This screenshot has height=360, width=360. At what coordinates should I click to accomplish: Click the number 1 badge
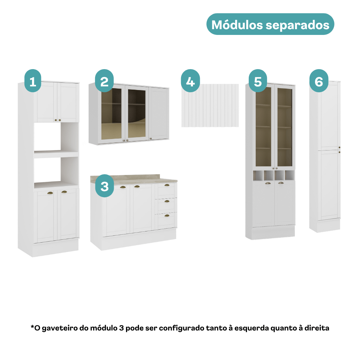pyautogui.click(x=33, y=81)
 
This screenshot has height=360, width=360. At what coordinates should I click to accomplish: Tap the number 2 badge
pyautogui.click(x=104, y=81)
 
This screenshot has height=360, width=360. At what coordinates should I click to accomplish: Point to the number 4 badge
pyautogui.click(x=190, y=81)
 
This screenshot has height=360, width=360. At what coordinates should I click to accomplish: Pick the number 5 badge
pyautogui.click(x=258, y=81)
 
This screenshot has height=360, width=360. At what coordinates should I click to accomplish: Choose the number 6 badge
pyautogui.click(x=319, y=81)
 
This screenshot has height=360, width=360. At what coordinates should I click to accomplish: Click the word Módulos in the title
pyautogui.click(x=237, y=25)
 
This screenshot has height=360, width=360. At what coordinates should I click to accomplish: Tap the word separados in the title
pyautogui.click(x=298, y=25)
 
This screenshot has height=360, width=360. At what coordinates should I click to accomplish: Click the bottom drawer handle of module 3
pyautogui.click(x=167, y=216)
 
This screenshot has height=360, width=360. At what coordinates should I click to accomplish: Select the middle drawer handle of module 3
pyautogui.click(x=167, y=201)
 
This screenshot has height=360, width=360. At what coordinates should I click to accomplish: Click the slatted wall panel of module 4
pyautogui.click(x=210, y=105)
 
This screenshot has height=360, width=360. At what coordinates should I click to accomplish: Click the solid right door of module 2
pyautogui.click(x=159, y=113)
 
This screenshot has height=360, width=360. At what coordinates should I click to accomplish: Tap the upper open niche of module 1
pyautogui.click(x=56, y=137)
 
